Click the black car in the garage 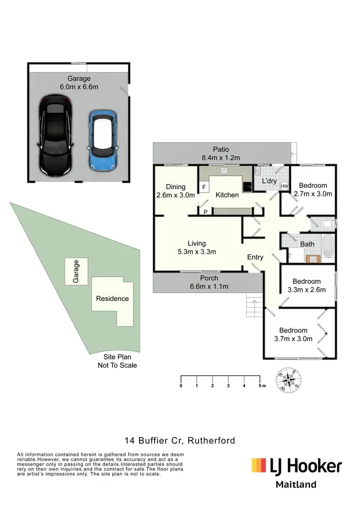pos(56,135)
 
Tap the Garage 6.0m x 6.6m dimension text pos(79,83)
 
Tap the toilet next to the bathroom pos(328,223)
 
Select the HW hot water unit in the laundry pos(284,186)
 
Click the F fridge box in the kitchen pos(204,187)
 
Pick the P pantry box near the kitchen pos(205,212)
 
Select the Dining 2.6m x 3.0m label pos(175,191)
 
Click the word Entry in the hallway pos(255,257)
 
